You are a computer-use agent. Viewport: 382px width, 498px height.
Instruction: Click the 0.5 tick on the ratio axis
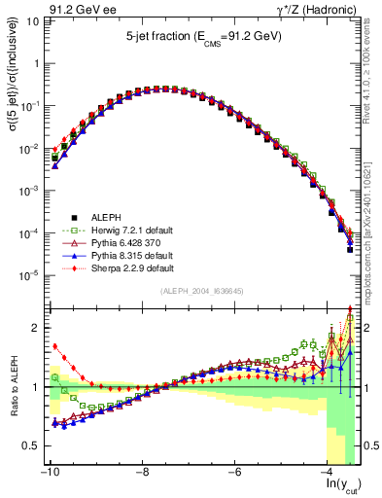click(29, 445)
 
